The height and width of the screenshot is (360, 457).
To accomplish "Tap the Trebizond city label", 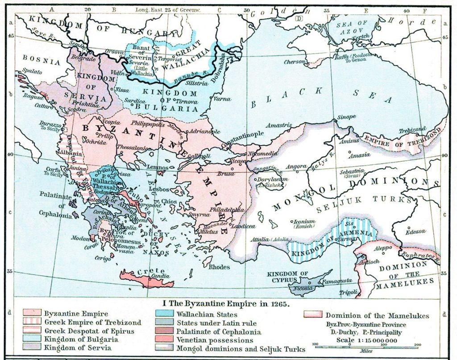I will coord(412,130).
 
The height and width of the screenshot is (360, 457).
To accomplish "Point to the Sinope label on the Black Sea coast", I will coord(346,117).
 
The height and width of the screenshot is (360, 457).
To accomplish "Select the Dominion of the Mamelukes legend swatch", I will coord(313,314).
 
